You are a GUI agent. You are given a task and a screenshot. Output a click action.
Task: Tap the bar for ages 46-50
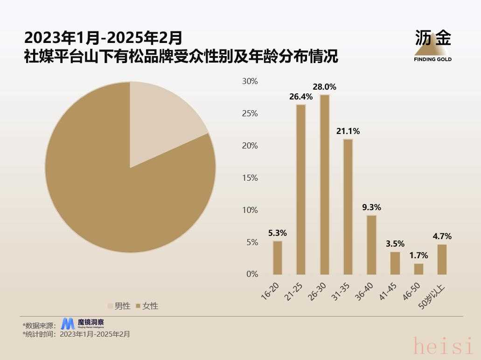pos(418,269)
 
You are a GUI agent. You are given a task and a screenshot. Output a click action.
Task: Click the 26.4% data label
pos(301,97)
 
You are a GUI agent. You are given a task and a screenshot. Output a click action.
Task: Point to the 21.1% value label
pos(348,132)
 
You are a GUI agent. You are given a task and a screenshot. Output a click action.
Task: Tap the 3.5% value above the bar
pos(395,244)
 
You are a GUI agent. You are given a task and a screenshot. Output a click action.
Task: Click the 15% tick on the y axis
pos(250,178)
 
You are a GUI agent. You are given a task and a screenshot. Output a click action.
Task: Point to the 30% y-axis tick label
pos(250,81)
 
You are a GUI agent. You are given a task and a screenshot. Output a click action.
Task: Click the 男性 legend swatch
pos(111,306)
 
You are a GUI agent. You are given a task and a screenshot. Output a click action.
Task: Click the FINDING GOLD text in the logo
pos(432,59)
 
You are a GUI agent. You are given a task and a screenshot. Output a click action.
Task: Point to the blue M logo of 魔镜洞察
pos(68,324)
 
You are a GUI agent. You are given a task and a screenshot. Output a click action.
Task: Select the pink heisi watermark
pos(443,346)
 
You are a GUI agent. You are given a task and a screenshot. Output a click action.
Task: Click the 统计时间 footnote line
pos(77,334)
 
